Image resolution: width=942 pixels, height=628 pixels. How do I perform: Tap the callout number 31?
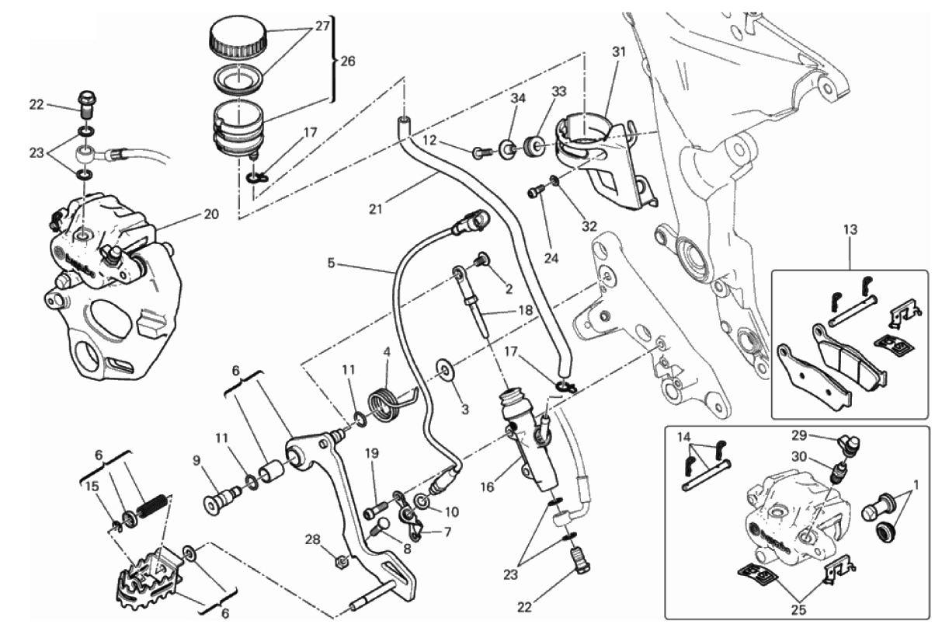[x=618, y=52]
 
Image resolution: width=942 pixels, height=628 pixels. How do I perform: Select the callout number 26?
[x=347, y=61]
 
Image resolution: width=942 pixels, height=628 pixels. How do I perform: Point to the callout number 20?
[x=211, y=214]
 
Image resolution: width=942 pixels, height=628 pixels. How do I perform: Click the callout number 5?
[x=331, y=263]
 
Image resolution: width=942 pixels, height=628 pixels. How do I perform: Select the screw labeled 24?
[x=534, y=190]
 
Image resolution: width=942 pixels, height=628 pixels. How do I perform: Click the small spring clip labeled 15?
[x=116, y=528]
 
